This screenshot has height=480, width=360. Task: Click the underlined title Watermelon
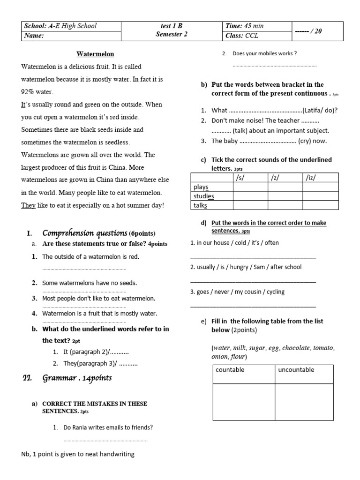pyautogui.click(x=95, y=54)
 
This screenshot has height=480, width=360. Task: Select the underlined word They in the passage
pyautogui.click(x=28, y=205)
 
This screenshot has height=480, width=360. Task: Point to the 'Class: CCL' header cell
pyautogui.click(x=242, y=36)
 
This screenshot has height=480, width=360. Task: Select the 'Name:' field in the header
pyautogui.click(x=34, y=36)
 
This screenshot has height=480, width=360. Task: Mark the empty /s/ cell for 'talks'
pyautogui.click(x=250, y=205)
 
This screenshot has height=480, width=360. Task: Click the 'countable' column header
pyautogui.click(x=230, y=370)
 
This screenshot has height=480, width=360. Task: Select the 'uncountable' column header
pyautogui.click(x=296, y=370)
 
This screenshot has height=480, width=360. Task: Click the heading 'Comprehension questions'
pyautogui.click(x=85, y=233)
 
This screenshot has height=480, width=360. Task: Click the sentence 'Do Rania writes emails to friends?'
pyautogui.click(x=108, y=427)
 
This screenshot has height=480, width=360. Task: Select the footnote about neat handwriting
pyautogui.click(x=78, y=454)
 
